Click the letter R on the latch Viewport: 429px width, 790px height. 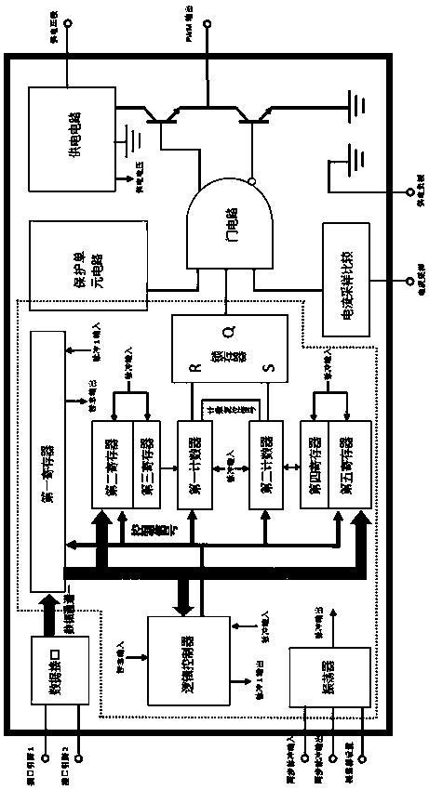(194, 367)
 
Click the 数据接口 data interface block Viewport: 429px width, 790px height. (58, 665)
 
